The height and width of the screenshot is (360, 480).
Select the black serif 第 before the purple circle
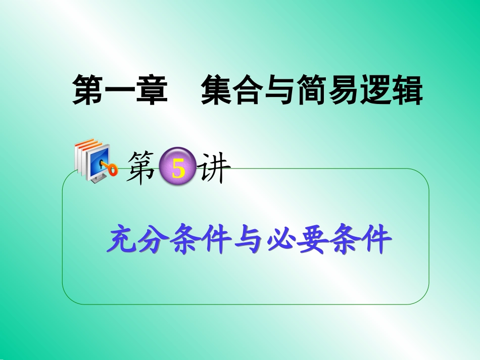tap(143, 169)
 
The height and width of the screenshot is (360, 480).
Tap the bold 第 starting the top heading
tap(89, 90)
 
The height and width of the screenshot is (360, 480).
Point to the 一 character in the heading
tap(121, 90)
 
